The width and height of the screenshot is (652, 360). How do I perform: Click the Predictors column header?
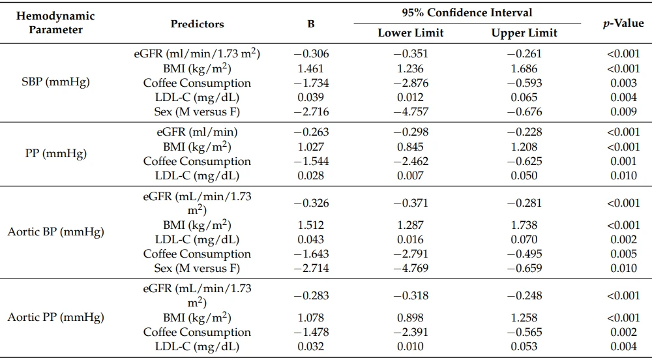point(197,24)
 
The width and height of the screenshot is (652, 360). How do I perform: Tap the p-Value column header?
point(623,23)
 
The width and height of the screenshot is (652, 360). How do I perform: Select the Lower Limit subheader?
point(410,33)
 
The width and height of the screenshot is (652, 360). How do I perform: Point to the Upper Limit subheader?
point(524,33)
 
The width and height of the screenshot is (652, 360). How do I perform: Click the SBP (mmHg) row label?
point(55,82)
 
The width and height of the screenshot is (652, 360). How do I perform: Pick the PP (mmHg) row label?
point(55,153)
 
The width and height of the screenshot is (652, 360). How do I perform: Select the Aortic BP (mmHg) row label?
point(55,232)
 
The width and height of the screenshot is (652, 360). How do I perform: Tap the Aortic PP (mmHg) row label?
point(55,317)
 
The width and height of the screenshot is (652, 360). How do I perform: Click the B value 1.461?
point(310,68)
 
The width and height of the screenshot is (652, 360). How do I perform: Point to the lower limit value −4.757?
point(410,112)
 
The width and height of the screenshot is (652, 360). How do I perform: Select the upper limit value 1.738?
point(524,225)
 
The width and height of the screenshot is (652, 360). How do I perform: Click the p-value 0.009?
point(623,112)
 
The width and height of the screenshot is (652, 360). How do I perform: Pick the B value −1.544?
point(311,161)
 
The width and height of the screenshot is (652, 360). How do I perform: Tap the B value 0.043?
point(310,239)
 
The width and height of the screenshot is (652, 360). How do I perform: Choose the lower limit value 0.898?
point(410,318)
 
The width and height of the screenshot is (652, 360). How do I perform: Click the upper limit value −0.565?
point(524,332)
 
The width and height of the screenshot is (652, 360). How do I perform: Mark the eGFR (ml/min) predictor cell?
point(197,132)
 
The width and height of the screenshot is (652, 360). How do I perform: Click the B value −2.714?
point(311,268)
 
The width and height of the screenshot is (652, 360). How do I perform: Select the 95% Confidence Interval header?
point(467,12)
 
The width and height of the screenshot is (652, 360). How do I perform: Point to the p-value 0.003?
point(623,83)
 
